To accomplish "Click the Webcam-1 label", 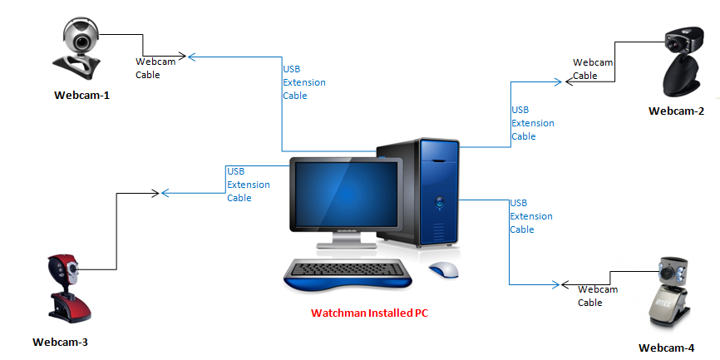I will [x=81, y=95].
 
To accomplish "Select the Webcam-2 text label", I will [x=676, y=111].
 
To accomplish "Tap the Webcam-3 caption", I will [x=60, y=342].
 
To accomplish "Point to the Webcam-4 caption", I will [x=666, y=348].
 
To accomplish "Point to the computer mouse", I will [x=444, y=270].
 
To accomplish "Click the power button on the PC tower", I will [x=438, y=200].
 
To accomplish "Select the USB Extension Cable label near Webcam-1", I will [x=304, y=82].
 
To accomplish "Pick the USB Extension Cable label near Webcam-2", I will [x=532, y=123].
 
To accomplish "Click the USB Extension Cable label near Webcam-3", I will [x=248, y=185].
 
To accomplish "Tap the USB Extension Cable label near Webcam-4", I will [x=530, y=216].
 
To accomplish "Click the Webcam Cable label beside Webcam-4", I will [x=598, y=296].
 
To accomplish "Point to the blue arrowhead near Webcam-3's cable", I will [x=165, y=193].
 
